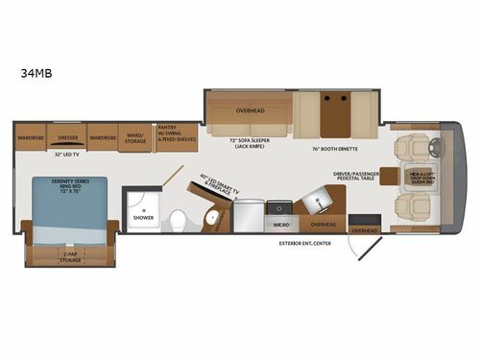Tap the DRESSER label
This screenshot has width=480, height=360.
coord(67,137)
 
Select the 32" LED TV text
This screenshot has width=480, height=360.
coord(66,154)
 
